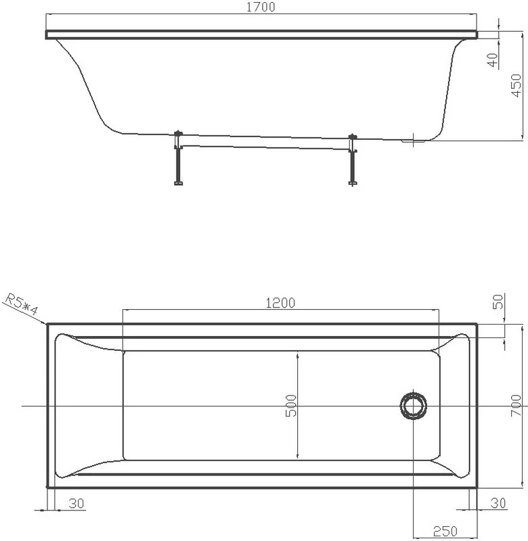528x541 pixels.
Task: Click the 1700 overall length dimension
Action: [x=261, y=7]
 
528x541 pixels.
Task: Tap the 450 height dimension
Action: [x=516, y=85]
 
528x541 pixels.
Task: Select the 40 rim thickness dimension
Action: [x=493, y=60]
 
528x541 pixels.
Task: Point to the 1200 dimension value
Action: [x=280, y=302]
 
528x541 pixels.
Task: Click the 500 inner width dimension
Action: [x=291, y=406]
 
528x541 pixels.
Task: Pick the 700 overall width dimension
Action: [x=516, y=405]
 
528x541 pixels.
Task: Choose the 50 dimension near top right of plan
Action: [x=498, y=302]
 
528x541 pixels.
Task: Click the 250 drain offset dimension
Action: [x=445, y=532]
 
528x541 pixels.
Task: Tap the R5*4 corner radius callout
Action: [x=22, y=305]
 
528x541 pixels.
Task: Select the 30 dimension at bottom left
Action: [x=76, y=503]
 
